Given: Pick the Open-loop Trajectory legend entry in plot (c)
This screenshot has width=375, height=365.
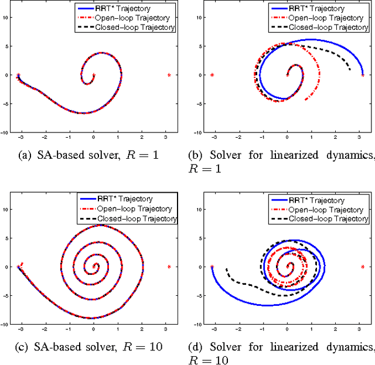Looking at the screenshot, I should coord(125,209).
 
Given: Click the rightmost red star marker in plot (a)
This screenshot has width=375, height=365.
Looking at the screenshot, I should coord(169,74).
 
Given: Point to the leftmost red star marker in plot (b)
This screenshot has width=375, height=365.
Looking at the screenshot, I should coord(212,74).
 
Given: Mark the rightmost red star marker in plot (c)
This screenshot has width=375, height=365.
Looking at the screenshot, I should coord(169,267).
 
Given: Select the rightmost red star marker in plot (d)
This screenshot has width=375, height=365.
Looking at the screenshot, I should coord(363,267).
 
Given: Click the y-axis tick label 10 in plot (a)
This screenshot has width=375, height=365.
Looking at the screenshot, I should coord(5,17).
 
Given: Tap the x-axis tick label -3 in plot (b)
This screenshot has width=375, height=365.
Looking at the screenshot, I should coord(212,140).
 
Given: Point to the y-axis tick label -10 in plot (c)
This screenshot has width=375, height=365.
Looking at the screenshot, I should coord(4,323).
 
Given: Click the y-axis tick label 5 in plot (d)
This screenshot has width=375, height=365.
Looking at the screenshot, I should coord(200,238).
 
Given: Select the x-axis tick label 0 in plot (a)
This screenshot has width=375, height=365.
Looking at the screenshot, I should coord(94,140).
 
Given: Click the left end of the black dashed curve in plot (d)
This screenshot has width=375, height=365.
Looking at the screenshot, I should coord(226,270).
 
